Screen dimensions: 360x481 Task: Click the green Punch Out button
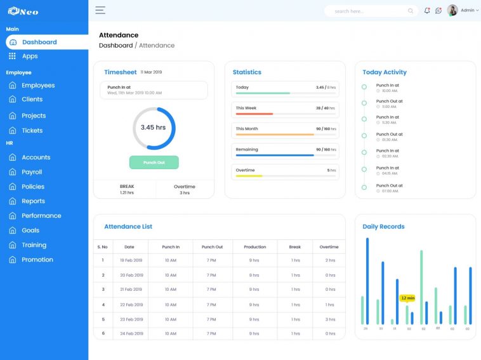tap(154, 163)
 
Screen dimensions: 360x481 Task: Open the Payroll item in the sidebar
tap(32, 172)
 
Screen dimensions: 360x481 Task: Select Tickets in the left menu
tap(32, 131)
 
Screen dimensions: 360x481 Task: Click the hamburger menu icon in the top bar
tap(100, 10)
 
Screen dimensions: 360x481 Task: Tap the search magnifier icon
tap(411, 11)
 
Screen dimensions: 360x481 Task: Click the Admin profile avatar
tap(452, 10)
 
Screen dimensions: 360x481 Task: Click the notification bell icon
tap(427, 11)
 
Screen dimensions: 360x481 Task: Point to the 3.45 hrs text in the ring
tap(153, 128)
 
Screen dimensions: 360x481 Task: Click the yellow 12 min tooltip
tap(407, 298)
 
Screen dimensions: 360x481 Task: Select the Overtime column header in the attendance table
tap(329, 247)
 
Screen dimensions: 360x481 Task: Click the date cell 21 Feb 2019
tap(131, 290)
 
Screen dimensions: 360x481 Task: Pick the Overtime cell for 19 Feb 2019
tap(330, 260)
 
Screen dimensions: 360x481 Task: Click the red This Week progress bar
tap(254, 114)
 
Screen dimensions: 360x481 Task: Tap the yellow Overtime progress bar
tap(249, 176)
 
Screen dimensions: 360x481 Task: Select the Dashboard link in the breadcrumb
tap(115, 46)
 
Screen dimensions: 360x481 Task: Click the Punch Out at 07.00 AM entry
tap(389, 188)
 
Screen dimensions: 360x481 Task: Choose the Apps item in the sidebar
tap(30, 57)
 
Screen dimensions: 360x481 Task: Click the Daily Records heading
tap(383, 227)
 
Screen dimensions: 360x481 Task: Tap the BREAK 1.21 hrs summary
tap(127, 189)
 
